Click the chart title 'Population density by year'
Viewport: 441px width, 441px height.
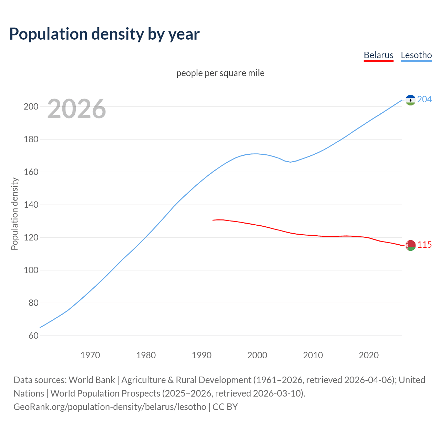coord(104,34)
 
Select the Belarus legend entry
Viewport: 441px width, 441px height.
coord(378,55)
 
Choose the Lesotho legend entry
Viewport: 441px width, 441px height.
coord(416,55)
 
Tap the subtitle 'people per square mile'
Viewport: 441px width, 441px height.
coord(220,73)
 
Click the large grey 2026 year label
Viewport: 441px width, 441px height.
coord(76,109)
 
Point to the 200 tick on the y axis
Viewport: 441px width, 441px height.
coord(31,106)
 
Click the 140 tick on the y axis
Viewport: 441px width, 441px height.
coord(31,205)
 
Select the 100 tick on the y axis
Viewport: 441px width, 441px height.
coord(31,270)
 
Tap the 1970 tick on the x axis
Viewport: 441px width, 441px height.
coord(90,355)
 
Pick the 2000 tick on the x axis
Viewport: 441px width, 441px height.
coord(257,355)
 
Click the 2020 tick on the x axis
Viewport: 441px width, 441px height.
coord(369,355)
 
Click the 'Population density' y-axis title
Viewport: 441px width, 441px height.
coord(14,214)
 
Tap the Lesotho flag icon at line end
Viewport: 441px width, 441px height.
coord(410,100)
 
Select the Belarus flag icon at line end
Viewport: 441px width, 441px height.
coord(410,245)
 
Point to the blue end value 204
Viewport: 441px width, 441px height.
coord(424,99)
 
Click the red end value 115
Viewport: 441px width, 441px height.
coord(424,245)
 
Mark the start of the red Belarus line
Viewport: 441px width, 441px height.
coord(213,220)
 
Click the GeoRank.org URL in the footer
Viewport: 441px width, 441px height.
coord(110,407)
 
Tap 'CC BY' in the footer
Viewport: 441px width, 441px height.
coord(225,407)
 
